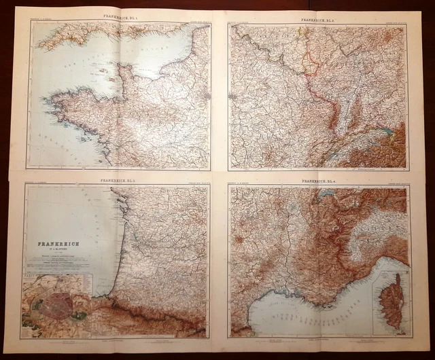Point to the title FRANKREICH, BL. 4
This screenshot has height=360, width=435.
point(317,181)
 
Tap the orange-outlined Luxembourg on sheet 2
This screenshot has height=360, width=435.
point(309,65)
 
